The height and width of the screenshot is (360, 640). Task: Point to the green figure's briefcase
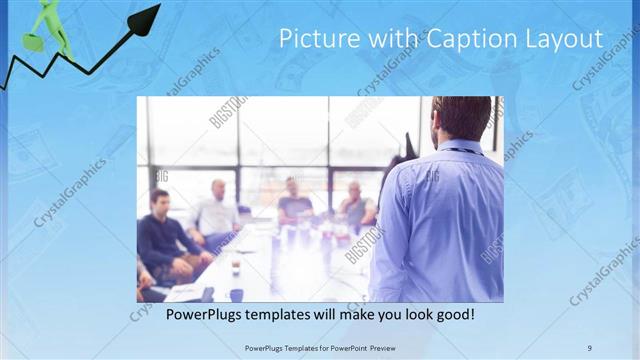(33, 43)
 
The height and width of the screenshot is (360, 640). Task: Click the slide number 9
(589, 347)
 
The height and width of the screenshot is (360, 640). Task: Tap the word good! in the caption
(454, 314)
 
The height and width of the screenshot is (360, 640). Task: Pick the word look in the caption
(411, 314)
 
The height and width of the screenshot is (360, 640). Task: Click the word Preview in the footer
(395, 347)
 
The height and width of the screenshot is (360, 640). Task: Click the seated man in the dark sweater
(164, 235)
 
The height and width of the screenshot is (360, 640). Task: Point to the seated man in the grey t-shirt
(294, 200)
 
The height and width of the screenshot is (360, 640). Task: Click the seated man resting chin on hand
(355, 205)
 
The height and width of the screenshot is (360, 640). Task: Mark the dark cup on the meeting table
(236, 294)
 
